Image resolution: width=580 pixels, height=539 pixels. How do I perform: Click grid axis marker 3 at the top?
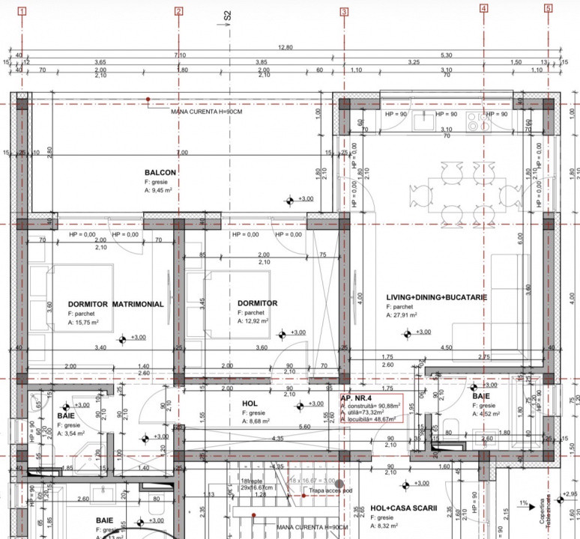344,11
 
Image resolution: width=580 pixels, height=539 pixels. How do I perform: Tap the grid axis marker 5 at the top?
549,9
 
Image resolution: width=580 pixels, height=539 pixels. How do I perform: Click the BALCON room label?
160,173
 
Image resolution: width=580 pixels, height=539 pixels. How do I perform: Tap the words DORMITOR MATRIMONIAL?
115,304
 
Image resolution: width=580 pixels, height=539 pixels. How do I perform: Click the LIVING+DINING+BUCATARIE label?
437,297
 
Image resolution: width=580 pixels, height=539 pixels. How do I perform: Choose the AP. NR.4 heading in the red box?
357,399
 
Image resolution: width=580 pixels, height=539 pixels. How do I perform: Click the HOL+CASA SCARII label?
404,508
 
